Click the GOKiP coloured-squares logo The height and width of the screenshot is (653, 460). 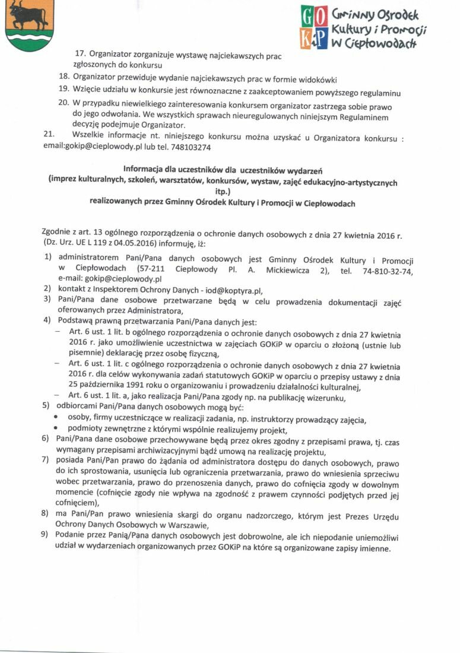pos(314,27)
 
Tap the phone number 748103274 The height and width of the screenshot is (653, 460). pos(190,147)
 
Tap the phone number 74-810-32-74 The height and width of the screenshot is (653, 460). pos(384,270)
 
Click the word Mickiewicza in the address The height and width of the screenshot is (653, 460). pos(278,270)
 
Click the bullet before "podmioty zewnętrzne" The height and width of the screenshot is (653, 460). pos(55,430)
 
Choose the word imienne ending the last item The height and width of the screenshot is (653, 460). pos(373,549)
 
